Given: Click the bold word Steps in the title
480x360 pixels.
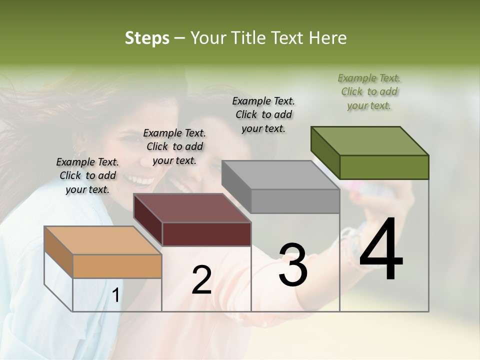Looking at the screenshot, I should pos(147,38).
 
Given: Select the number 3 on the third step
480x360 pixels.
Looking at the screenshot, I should pos(293,265).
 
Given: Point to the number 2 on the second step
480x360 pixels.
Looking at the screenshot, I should pos(201,280).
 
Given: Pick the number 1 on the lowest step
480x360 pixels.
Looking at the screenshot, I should pos(115,295).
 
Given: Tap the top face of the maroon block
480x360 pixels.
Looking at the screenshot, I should pos(192,208).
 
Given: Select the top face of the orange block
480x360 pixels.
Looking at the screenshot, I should pos(103,240).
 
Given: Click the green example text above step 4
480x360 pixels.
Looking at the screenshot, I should pos(369,91).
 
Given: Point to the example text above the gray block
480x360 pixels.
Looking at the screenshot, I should pos(263,114).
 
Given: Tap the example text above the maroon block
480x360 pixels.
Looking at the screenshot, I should pos(174,146).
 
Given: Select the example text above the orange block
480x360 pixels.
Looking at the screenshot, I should pos(87,175).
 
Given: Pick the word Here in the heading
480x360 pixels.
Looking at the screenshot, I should pos(328,38).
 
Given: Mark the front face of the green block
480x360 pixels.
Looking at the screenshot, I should pos(384,167).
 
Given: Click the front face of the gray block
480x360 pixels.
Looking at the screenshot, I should pos(295,201).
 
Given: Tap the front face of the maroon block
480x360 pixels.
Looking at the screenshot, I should pos(206,234).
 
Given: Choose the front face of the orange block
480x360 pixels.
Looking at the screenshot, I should pos(117,266).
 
